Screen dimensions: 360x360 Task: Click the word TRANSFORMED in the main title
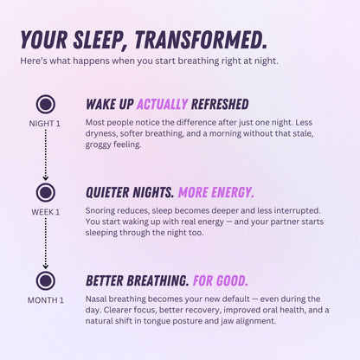(201, 40)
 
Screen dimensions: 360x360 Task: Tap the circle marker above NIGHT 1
(46, 105)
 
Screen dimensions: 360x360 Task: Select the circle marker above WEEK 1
(46, 192)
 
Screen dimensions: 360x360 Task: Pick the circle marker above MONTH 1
(46, 280)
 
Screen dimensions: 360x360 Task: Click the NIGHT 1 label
(46, 124)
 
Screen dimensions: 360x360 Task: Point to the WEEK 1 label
(46, 212)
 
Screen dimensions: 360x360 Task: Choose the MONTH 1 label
(46, 300)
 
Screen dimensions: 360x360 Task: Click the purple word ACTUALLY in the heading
(163, 104)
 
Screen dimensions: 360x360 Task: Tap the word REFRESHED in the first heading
(219, 104)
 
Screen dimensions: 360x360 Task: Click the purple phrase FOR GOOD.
(221, 280)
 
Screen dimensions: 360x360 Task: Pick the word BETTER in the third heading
(109, 280)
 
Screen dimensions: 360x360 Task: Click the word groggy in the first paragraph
(100, 145)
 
